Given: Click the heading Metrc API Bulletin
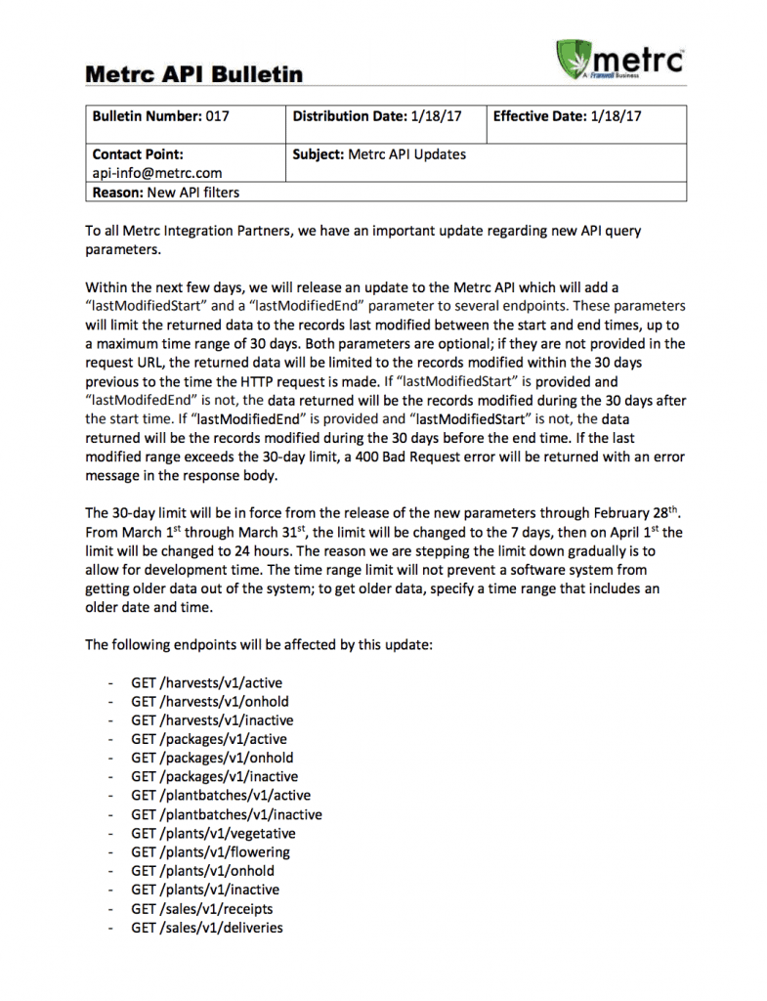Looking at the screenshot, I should (193, 74).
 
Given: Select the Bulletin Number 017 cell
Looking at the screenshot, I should (161, 116).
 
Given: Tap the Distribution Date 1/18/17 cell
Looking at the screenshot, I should (376, 116).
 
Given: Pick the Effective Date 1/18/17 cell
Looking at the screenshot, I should (567, 116).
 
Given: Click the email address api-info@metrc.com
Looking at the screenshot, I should (156, 173).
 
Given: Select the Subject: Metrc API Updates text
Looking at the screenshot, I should (379, 154).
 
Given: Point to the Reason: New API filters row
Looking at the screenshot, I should (166, 193).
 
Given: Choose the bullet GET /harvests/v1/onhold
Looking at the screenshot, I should (210, 701).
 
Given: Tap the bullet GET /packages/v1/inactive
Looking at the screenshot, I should (214, 776).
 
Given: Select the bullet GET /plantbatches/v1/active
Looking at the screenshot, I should (221, 796).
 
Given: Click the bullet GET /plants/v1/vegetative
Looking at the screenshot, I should (213, 833).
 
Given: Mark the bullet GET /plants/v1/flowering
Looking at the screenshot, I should (210, 851).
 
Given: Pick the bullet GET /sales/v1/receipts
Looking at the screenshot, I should (202, 908).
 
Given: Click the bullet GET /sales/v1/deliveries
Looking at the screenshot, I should (207, 927).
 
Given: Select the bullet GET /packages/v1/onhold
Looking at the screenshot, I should (212, 758).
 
